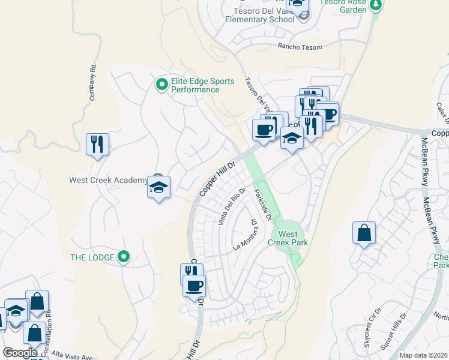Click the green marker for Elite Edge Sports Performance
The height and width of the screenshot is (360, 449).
(x=161, y=85)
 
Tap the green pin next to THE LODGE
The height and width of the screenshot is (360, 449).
(x=124, y=257)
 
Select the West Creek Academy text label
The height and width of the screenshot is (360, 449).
(x=108, y=180)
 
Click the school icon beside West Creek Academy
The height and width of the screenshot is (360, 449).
(x=158, y=188)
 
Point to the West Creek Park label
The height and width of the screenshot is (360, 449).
(x=293, y=238)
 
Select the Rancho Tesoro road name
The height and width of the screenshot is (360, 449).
(x=300, y=47)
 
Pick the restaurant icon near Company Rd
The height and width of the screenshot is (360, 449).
(x=97, y=144)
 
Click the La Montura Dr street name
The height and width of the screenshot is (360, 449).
(x=246, y=235)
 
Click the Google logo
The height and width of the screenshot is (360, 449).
(x=20, y=353)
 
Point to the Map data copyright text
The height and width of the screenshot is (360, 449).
(x=424, y=355)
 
